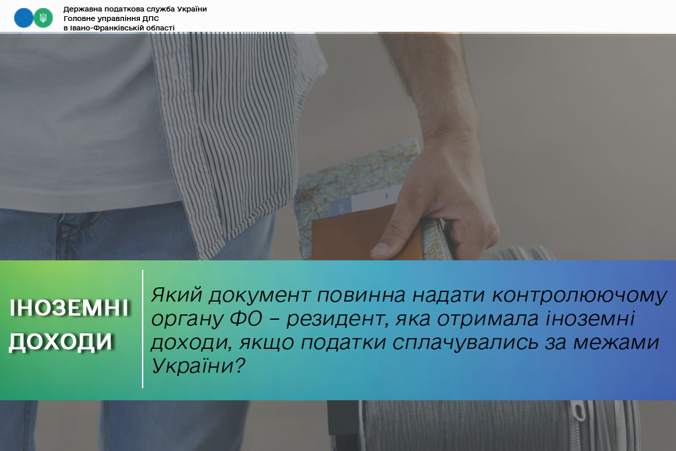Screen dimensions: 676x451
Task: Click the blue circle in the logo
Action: coord(24,18)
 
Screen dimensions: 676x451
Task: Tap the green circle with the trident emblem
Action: coord(43,18)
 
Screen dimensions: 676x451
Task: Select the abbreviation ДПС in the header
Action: coord(151,18)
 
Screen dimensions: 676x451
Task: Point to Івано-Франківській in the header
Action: coord(103,28)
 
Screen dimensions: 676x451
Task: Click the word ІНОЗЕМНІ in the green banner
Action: coord(69,308)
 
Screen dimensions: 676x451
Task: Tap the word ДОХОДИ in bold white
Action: coord(61,341)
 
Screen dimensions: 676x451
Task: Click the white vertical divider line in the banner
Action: coord(143,329)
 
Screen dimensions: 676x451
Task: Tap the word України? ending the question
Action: coord(198,366)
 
